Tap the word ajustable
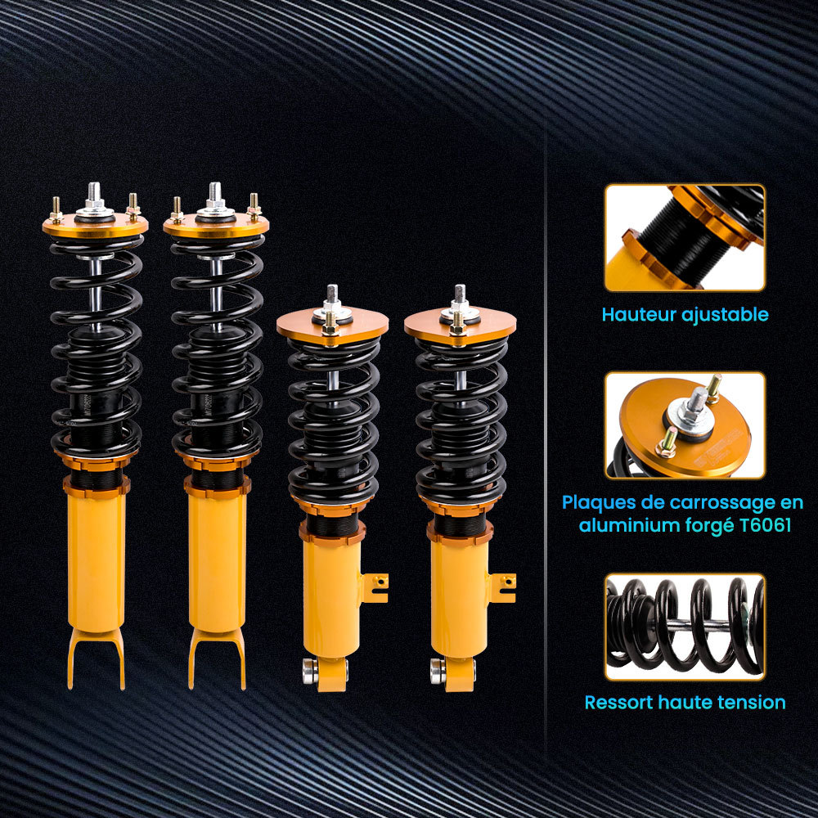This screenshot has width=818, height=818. pyautogui.click(x=725, y=314)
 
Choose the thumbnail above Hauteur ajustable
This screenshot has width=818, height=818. pyautogui.click(x=685, y=237)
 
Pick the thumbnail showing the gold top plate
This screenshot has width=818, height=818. pyautogui.click(x=685, y=425)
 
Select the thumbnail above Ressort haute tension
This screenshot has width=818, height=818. pyautogui.click(x=685, y=627)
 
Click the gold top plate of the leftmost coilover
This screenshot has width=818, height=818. pyautogui.click(x=96, y=226)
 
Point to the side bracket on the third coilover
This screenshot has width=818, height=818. pyautogui.click(x=376, y=587)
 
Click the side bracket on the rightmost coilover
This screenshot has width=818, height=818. pyautogui.click(x=504, y=587)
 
